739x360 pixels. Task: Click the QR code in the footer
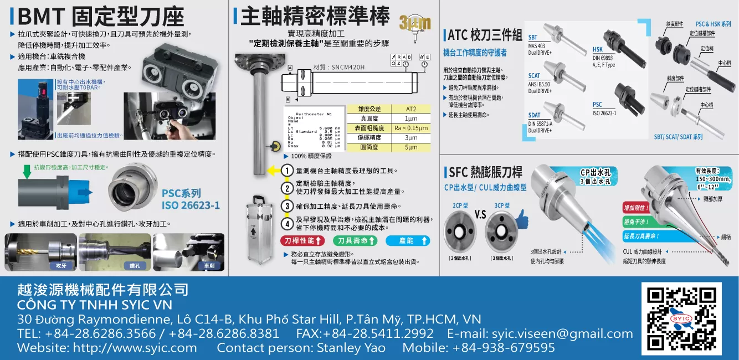pos(681,319)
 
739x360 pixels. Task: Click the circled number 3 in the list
pos(287,206)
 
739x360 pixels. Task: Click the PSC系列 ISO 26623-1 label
pos(191,199)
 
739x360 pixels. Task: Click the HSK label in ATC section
pos(598,50)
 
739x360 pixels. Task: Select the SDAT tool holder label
pos(534,116)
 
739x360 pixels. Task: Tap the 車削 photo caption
pos(209,266)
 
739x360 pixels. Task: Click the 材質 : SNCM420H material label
pos(339,67)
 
